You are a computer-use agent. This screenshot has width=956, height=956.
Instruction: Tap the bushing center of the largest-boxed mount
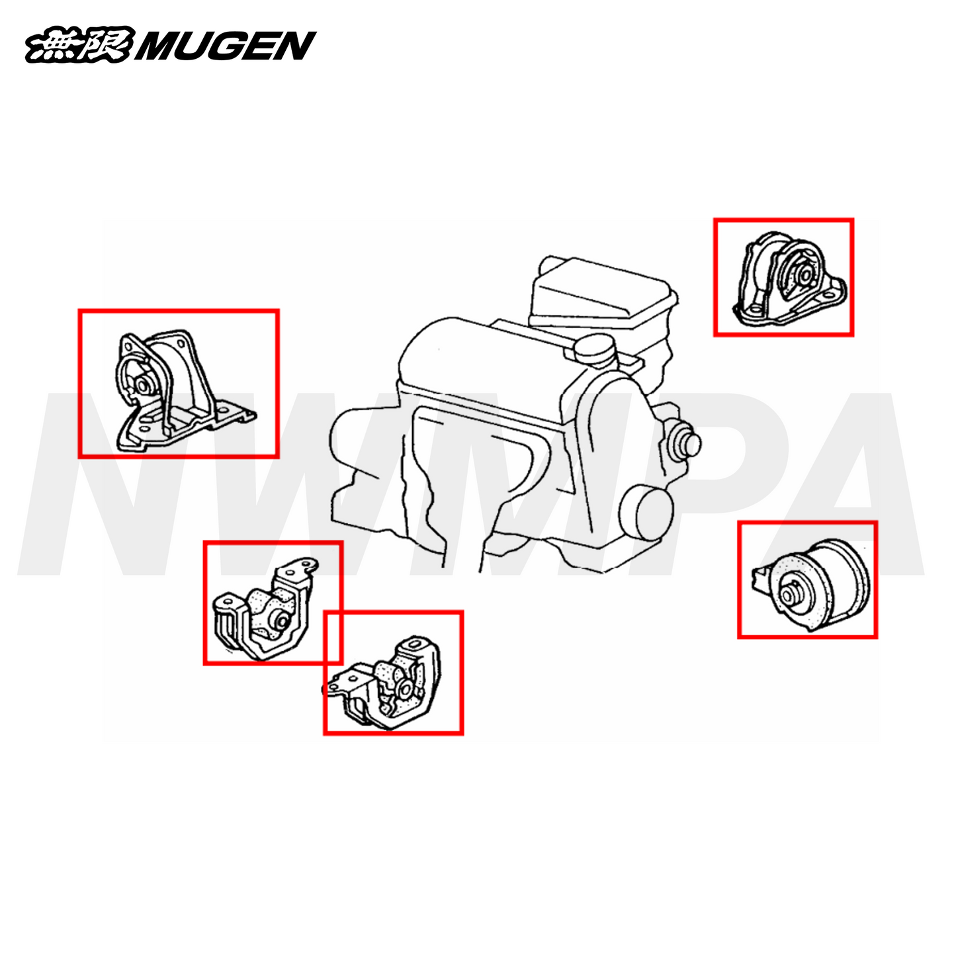(143, 384)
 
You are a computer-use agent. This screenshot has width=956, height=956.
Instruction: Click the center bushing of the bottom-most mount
(406, 689)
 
